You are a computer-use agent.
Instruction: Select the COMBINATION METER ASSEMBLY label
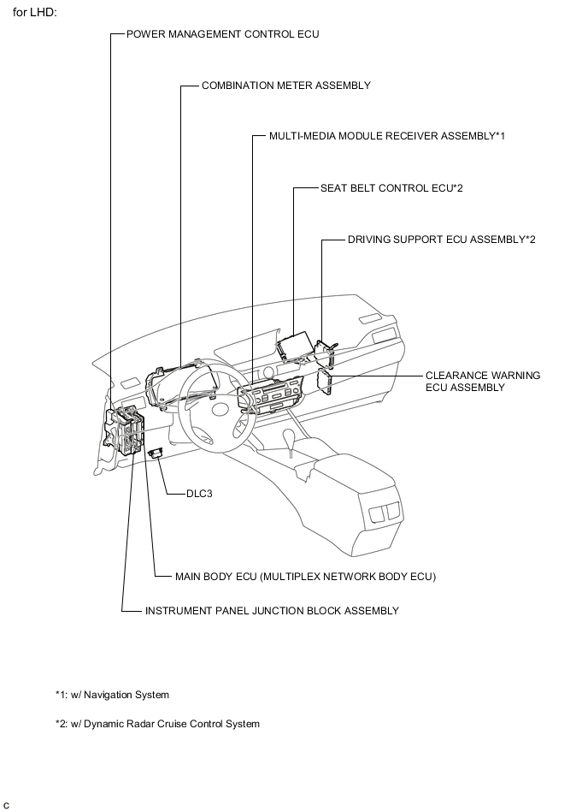[x=285, y=86]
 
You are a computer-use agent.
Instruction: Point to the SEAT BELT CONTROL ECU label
[x=391, y=188]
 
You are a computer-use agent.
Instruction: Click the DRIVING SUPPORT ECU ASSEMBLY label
[x=441, y=240]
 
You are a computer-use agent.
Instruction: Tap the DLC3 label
[x=203, y=494]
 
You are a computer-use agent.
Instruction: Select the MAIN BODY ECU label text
[x=305, y=577]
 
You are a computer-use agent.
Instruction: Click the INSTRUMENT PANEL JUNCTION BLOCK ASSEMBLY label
[x=272, y=611]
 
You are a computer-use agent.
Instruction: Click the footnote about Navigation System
[x=112, y=695]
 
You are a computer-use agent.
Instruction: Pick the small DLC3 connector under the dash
[x=156, y=453]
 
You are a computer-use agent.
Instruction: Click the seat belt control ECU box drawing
[x=294, y=347]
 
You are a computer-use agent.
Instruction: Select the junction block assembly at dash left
[x=125, y=432]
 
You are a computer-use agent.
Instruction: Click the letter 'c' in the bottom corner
[x=7, y=805]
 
